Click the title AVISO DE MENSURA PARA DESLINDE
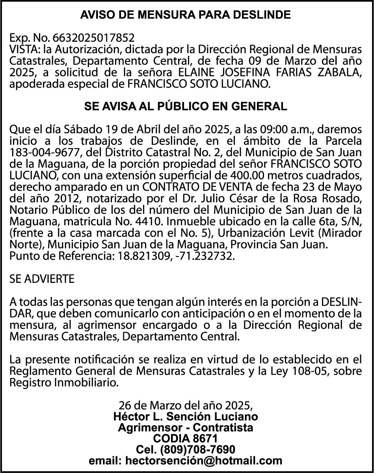click(186, 15)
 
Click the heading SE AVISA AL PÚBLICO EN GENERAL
click(186, 107)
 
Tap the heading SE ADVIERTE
click(42, 279)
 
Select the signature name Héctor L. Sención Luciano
click(186, 417)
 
